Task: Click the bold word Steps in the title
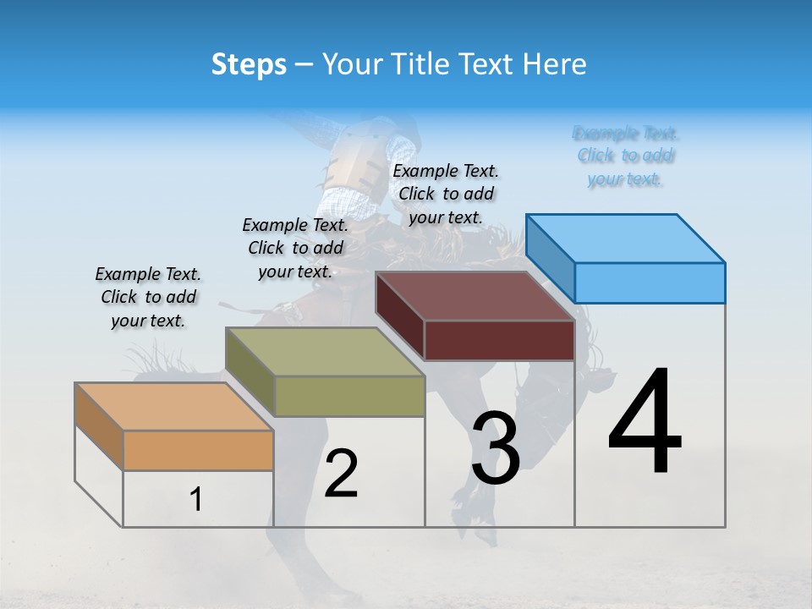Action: (249, 64)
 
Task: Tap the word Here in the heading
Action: (556, 64)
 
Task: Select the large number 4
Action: (645, 423)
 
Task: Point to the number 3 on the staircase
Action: (496, 448)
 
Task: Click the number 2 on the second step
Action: (342, 475)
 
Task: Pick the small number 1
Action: (196, 500)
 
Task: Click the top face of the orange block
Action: (173, 406)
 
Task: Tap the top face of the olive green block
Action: (325, 351)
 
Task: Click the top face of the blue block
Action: (626, 238)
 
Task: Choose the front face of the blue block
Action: (650, 283)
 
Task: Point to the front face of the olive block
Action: (349, 396)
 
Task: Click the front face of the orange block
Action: (198, 450)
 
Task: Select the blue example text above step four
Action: (626, 156)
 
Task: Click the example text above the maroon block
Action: (446, 194)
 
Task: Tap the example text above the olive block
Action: (295, 248)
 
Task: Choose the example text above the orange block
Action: (148, 297)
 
